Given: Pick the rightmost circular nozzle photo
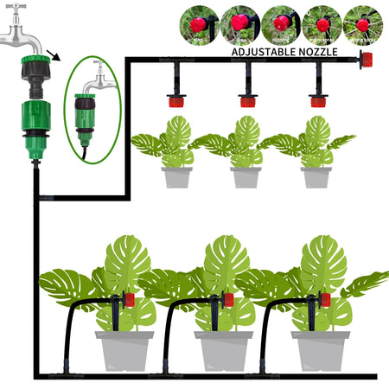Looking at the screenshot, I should pyautogui.click(x=362, y=24).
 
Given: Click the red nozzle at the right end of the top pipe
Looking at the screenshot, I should pyautogui.click(x=366, y=60).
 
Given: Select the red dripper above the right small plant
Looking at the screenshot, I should pyautogui.click(x=317, y=100).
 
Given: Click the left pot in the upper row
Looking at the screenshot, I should pyautogui.click(x=177, y=176).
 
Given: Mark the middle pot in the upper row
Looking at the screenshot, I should pyautogui.click(x=246, y=176).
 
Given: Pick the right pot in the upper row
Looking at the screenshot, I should pyautogui.click(x=316, y=176).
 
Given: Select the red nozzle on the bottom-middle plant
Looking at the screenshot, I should pyautogui.click(x=228, y=300).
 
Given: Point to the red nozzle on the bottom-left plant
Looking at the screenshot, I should pyautogui.click(x=130, y=300).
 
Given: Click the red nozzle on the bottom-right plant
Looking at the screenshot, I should pyautogui.click(x=327, y=300).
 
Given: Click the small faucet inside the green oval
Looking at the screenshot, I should pyautogui.click(x=95, y=84).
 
